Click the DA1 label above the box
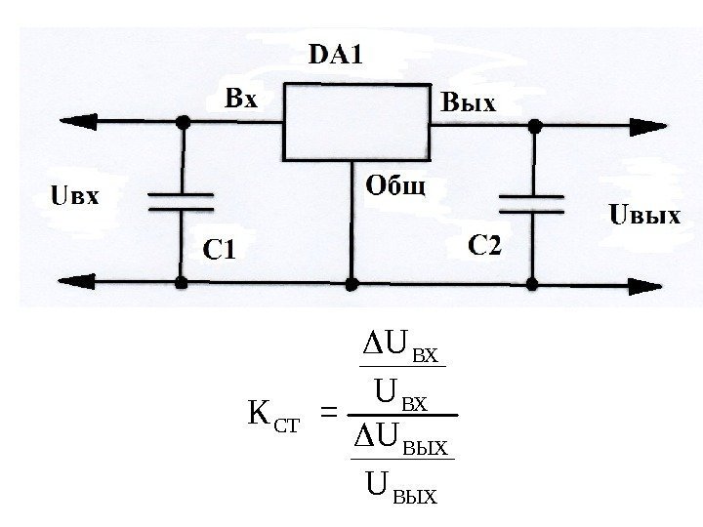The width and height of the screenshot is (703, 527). point(335,55)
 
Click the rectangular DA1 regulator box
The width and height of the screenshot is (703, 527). point(356,121)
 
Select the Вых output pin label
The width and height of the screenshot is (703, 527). point(470,102)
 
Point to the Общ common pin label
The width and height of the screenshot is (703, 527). point(395,184)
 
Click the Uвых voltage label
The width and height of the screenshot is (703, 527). point(644,215)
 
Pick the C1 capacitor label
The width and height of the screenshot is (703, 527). point(220,251)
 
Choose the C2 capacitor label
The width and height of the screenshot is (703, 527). point(483,245)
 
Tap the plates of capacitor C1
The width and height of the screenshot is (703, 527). point(181,201)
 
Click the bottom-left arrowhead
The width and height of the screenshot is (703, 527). point(56,282)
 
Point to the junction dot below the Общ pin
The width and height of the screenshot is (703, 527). point(352,283)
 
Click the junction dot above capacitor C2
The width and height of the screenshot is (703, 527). point(534,126)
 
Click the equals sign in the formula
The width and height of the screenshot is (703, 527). point(329,417)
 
